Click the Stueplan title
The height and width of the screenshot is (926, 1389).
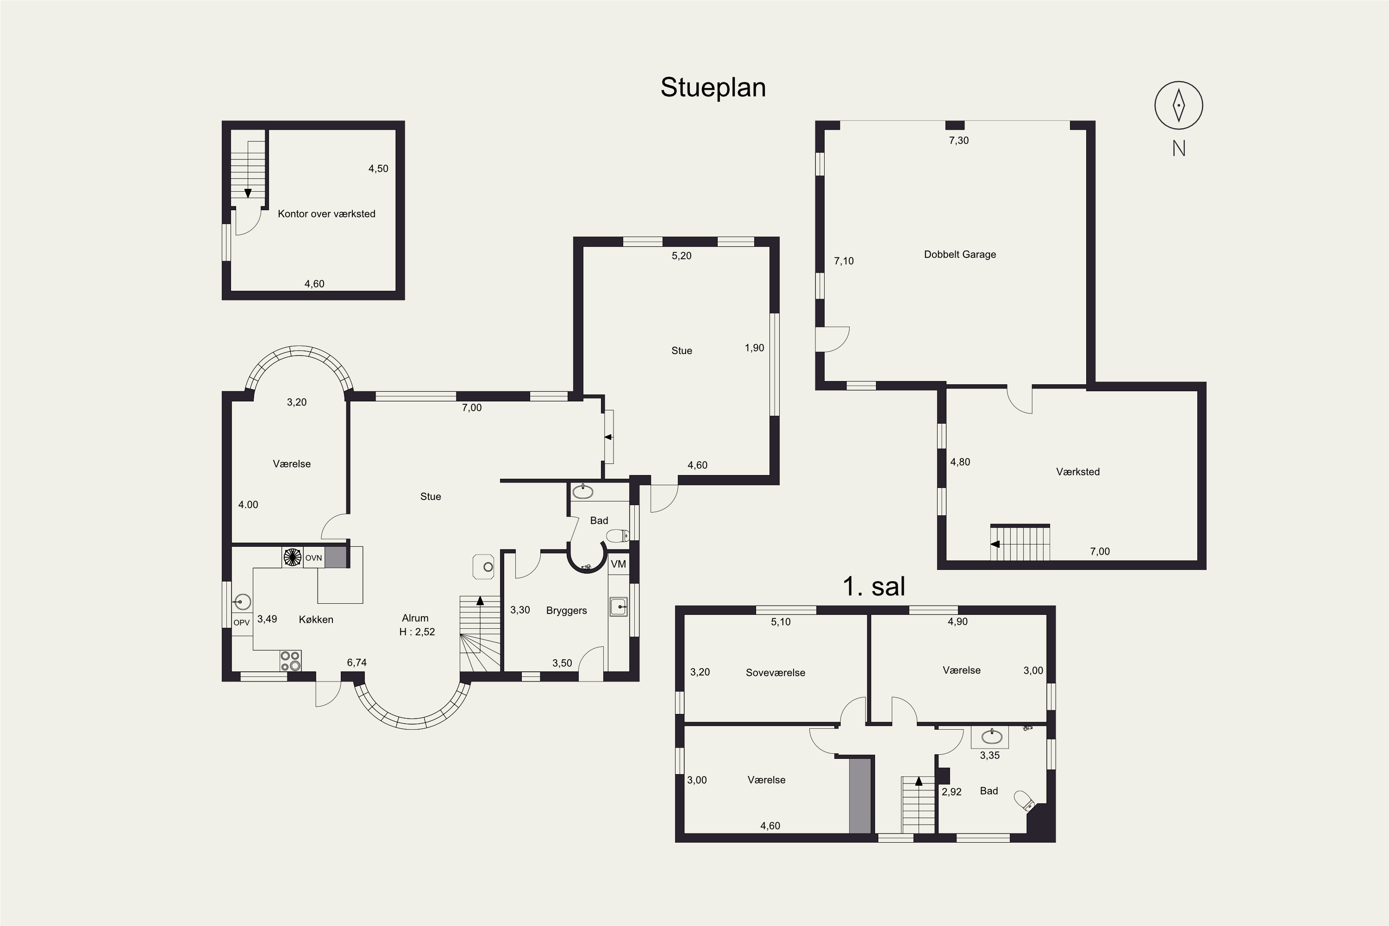[x=713, y=88]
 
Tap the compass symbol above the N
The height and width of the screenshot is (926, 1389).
[x=1179, y=106]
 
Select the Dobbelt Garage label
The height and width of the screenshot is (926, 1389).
[x=960, y=255]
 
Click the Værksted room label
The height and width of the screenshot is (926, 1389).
[x=1078, y=472]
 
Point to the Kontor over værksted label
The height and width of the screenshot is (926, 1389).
[x=326, y=214]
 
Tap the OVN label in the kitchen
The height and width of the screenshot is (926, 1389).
[x=313, y=558]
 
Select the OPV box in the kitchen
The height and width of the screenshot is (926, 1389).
[x=242, y=622]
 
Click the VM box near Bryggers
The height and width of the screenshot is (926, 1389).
[x=618, y=564]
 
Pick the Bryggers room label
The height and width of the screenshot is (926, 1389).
[x=566, y=611]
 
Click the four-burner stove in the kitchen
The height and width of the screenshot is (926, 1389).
[x=291, y=661]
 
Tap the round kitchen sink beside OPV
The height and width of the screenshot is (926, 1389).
[x=242, y=602]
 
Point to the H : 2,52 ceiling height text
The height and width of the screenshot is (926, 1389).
[x=417, y=632]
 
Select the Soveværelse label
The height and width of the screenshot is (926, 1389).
[x=776, y=673]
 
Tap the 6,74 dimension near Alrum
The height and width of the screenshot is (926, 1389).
[x=357, y=663]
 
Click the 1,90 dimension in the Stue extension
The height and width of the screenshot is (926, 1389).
[x=754, y=348]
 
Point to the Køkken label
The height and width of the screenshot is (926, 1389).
[x=316, y=619]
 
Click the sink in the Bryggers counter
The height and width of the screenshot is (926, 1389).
[x=618, y=607]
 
